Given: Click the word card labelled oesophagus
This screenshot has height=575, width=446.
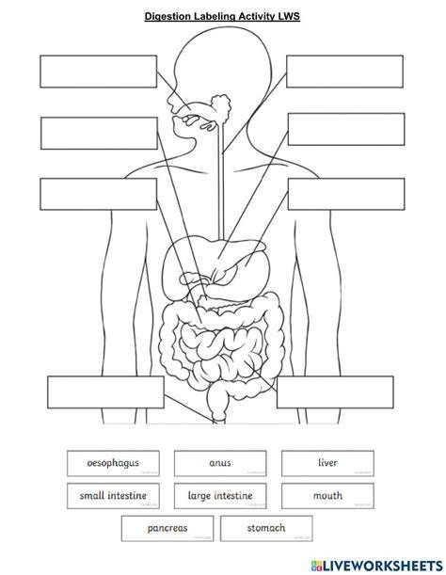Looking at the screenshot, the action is click(x=113, y=464).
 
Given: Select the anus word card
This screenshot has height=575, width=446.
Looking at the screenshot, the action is click(x=220, y=464).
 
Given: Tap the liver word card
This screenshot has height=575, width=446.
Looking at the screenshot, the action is click(x=327, y=464).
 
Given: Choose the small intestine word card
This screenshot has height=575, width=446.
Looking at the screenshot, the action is click(x=113, y=496).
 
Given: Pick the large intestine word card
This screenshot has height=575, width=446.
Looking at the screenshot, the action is click(x=220, y=496).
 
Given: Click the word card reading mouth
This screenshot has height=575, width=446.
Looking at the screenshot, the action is click(x=327, y=496).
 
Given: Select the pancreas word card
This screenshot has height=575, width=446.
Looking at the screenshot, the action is click(x=167, y=528).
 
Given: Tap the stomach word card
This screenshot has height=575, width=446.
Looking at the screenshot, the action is click(x=266, y=528).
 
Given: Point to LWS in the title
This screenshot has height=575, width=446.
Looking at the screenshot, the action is click(x=289, y=16).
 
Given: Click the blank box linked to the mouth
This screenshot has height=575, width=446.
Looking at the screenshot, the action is click(x=98, y=72).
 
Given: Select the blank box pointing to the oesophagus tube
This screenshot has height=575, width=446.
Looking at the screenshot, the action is click(x=344, y=72).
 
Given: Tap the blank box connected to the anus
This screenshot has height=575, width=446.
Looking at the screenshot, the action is click(x=105, y=392).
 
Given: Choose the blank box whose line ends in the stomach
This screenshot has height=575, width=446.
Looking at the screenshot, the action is click(x=346, y=194).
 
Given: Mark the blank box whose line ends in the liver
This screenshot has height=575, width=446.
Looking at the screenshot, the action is click(x=346, y=129).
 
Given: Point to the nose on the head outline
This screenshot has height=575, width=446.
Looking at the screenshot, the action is click(x=171, y=102).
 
